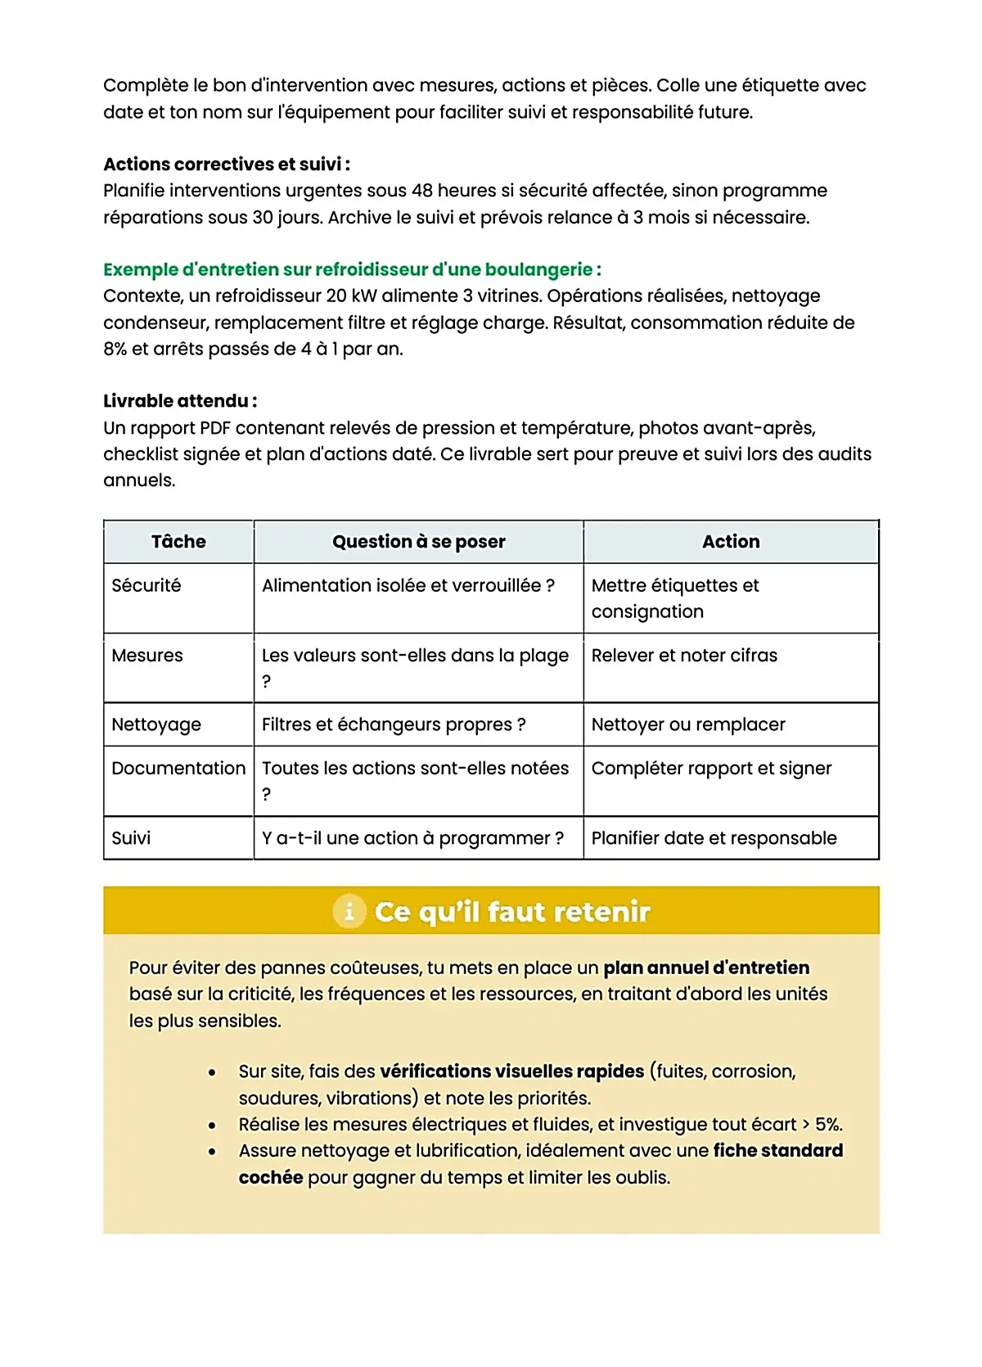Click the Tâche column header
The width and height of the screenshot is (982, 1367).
point(178,542)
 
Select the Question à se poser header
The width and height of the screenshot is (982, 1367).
point(418,542)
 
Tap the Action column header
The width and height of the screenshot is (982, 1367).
point(731,542)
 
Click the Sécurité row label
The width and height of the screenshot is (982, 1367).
point(146,586)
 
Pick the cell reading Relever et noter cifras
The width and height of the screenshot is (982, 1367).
point(684,656)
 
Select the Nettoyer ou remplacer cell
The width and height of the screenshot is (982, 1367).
point(688,725)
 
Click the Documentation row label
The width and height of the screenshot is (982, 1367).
point(178,769)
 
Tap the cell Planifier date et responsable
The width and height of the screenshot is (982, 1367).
point(714,838)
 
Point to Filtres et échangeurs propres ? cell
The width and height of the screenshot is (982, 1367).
point(394,725)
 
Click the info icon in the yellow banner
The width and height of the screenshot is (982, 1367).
point(349,911)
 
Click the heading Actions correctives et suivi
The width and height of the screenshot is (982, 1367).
point(227,165)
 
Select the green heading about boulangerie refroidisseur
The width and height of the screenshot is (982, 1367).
point(352,269)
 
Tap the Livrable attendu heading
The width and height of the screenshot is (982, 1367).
point(180,401)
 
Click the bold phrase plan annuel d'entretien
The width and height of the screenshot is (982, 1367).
point(706,968)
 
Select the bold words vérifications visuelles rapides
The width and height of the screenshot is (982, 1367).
point(512,1071)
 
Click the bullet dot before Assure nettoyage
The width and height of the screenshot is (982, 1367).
point(212,1152)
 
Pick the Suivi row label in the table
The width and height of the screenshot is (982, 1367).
point(131,838)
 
